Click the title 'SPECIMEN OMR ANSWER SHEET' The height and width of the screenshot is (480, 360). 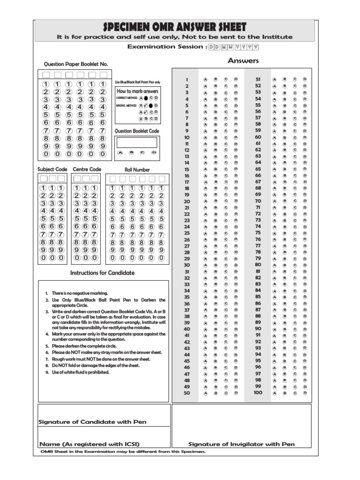pyautogui.click(x=174, y=27)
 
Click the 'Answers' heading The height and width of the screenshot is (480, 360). pyautogui.click(x=243, y=60)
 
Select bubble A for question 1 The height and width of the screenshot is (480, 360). pyautogui.click(x=205, y=80)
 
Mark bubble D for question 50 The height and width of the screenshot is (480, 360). pyautogui.click(x=236, y=393)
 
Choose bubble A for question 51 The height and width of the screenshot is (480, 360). pyautogui.click(x=274, y=80)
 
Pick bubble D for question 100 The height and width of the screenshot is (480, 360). pyautogui.click(x=305, y=393)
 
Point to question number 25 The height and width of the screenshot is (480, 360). pyautogui.click(x=187, y=233)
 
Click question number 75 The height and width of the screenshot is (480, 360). pyautogui.click(x=257, y=232)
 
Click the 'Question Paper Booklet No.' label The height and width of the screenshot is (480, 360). pyautogui.click(x=76, y=64)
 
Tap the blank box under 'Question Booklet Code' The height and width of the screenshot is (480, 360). pyautogui.click(x=137, y=142)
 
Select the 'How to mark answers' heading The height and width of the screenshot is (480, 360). pyautogui.click(x=138, y=91)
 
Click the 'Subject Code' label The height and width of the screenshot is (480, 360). pyautogui.click(x=52, y=169)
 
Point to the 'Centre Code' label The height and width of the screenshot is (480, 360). pyautogui.click(x=87, y=169)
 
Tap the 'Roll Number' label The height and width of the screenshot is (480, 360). pyautogui.click(x=137, y=170)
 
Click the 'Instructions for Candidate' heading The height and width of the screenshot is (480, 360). pyautogui.click(x=102, y=273)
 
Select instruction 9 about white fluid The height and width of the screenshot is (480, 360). pyautogui.click(x=80, y=372)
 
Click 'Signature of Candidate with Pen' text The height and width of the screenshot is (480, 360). pyautogui.click(x=92, y=422)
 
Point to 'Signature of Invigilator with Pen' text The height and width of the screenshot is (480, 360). pyautogui.click(x=241, y=444)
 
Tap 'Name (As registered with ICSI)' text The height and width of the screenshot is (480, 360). pyautogui.click(x=89, y=444)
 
